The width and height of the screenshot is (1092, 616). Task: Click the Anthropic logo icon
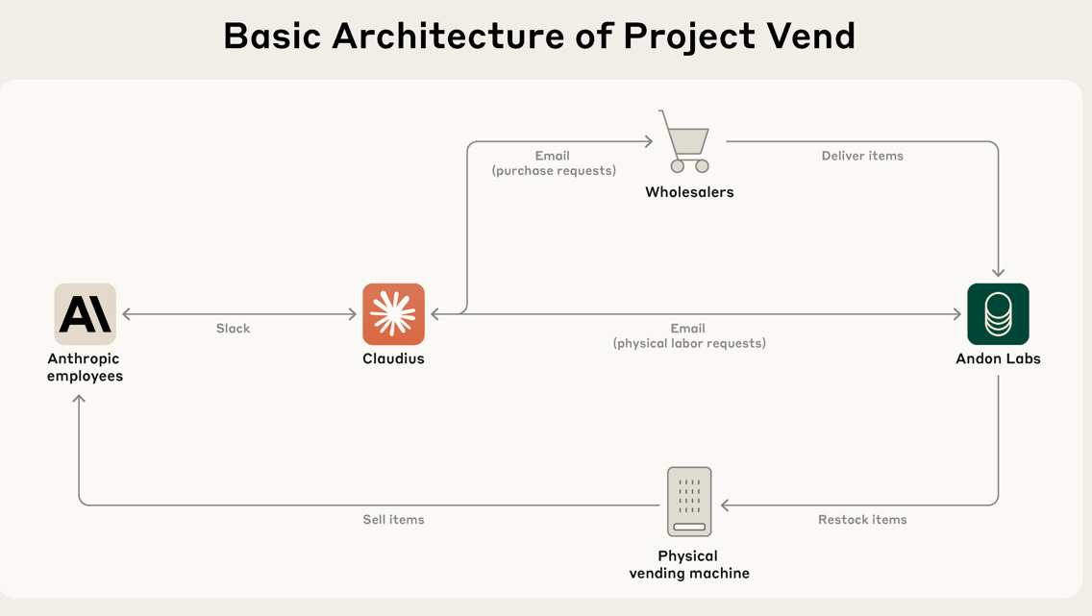(86, 314)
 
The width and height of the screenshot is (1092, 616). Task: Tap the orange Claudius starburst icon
(393, 314)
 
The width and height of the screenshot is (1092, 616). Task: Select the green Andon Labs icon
(998, 314)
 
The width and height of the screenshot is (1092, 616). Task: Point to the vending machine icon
(689, 502)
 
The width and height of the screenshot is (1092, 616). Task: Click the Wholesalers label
(689, 192)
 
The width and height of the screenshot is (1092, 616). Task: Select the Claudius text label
(393, 359)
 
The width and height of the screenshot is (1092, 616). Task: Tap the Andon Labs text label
(998, 359)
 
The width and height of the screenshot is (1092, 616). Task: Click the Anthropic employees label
(86, 367)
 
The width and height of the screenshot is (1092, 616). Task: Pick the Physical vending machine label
(689, 564)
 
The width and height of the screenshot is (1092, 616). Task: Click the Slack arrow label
(233, 329)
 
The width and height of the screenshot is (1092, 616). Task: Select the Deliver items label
(862, 156)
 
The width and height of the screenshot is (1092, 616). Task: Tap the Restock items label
(862, 520)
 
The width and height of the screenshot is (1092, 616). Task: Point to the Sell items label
(393, 520)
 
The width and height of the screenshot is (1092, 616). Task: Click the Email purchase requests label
(553, 162)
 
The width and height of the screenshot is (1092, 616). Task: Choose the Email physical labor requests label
(689, 335)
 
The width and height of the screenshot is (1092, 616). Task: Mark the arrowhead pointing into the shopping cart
(649, 142)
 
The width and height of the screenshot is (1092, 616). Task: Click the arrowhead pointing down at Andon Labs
(998, 273)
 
